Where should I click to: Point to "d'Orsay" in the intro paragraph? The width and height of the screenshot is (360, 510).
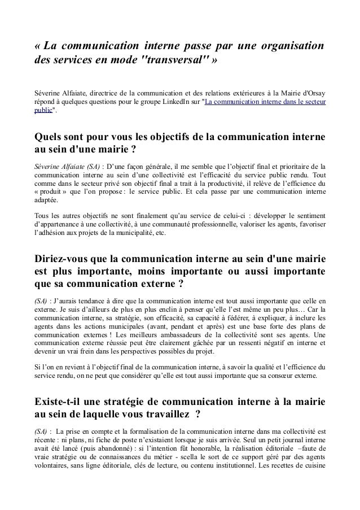[x=312, y=93]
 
